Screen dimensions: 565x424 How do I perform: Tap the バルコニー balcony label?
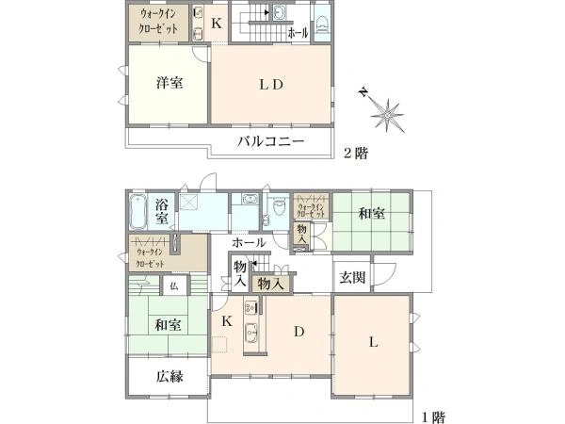coord(270,141)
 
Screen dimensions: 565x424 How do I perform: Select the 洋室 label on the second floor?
coord(169,83)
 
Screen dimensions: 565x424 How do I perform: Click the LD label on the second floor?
coord(271,85)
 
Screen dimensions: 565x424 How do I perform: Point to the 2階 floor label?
coord(356,154)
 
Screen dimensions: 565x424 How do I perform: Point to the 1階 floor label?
coord(433,417)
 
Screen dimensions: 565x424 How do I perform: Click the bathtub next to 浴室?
coord(137,212)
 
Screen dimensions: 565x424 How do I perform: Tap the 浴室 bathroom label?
coord(162,212)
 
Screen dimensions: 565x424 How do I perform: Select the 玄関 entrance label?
coord(352,277)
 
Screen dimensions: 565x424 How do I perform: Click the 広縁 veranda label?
coord(169,376)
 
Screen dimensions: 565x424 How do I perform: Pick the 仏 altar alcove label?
coord(174,286)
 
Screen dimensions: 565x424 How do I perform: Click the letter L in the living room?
coord(374,341)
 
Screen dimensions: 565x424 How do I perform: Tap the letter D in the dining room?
coord(299,332)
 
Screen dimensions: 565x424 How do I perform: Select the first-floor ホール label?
coord(249,242)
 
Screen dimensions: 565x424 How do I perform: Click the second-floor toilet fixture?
coord(322,24)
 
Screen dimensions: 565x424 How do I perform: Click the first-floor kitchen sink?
coord(251,332)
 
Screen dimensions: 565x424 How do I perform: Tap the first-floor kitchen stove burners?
coord(251,307)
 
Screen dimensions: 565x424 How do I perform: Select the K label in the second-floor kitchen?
coord(217,24)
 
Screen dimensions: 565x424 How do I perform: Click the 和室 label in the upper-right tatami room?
coord(372,214)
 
